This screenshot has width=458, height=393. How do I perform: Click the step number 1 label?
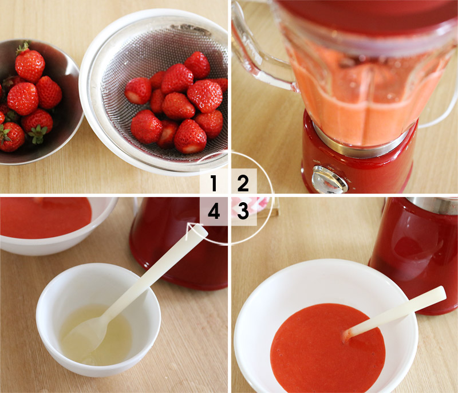click(x=214, y=183)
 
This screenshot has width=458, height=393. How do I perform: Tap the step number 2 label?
click(x=243, y=183)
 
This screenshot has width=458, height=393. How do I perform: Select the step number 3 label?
click(x=243, y=211)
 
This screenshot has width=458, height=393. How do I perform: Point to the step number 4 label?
click(x=214, y=211)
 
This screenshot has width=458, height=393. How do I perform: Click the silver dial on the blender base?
click(x=330, y=179)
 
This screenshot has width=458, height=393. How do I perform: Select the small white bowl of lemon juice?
click(x=98, y=320)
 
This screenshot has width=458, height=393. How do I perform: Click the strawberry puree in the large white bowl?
click(x=327, y=348)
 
